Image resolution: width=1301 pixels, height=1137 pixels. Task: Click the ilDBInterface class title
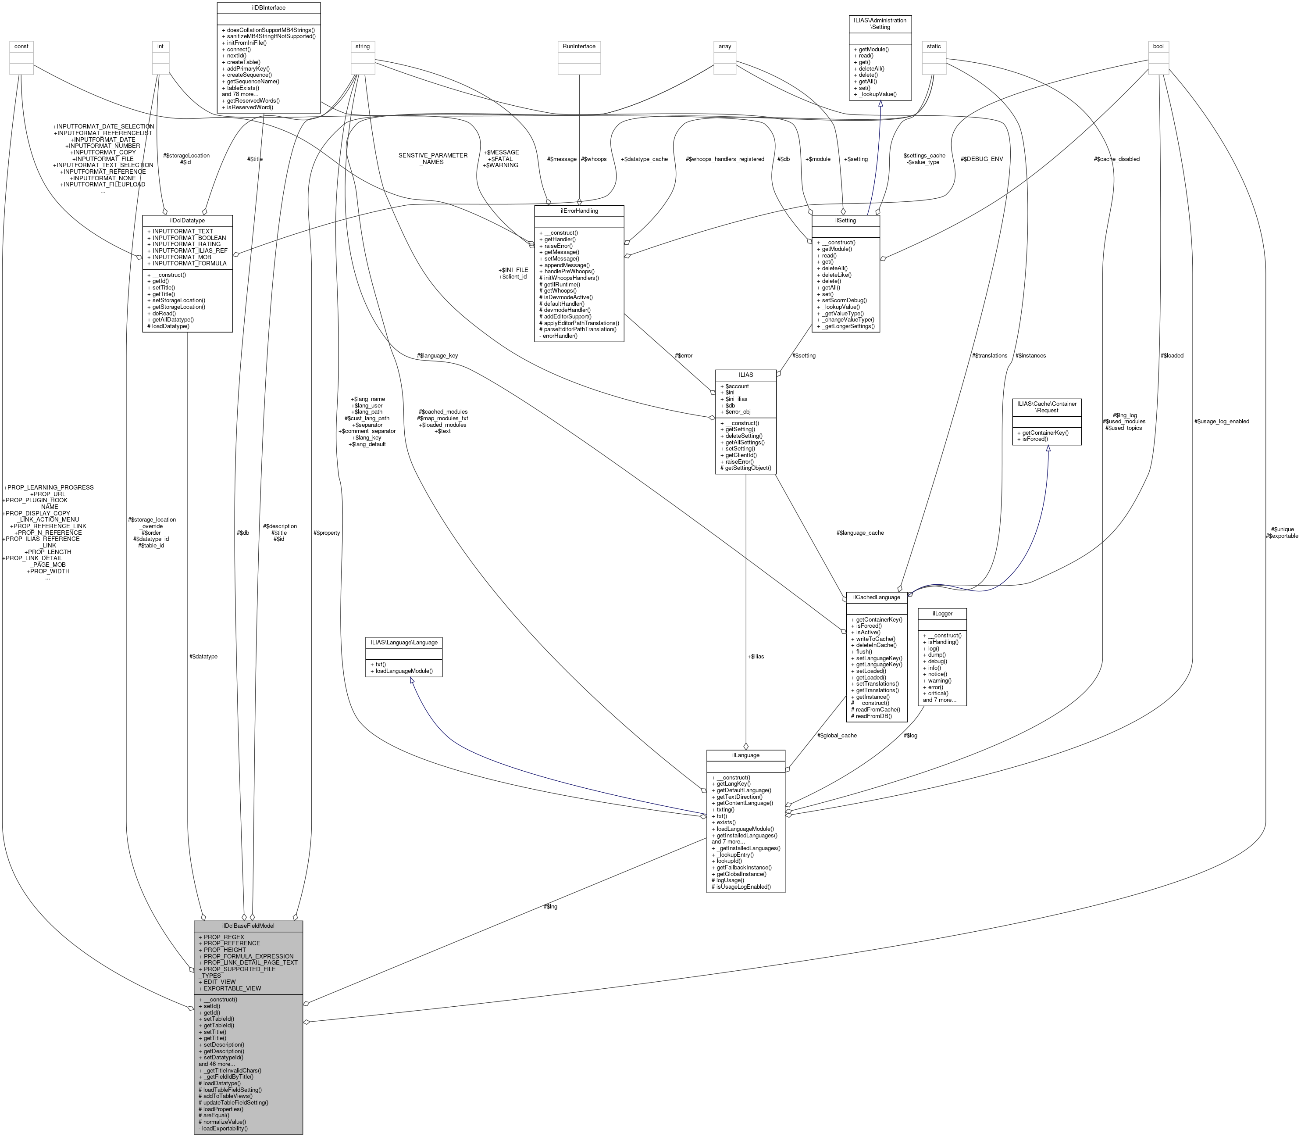click(x=268, y=7)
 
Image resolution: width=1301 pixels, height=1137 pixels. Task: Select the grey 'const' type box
click(x=21, y=46)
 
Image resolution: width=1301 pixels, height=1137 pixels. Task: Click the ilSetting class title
click(x=845, y=220)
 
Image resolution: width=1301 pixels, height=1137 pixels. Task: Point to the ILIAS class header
click(x=745, y=375)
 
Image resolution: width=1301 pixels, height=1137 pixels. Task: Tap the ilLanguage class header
click(x=745, y=755)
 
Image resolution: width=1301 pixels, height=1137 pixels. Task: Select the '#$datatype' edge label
click(x=203, y=656)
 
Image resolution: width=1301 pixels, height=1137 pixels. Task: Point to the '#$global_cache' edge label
click(x=837, y=735)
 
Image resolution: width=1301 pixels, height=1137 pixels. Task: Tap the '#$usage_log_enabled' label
click(x=1221, y=421)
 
